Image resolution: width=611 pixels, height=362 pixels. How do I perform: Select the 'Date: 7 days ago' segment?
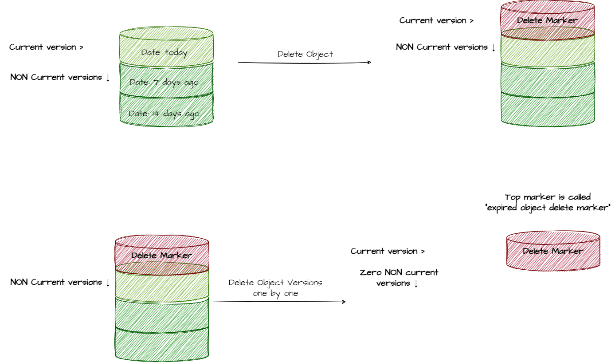click(x=164, y=82)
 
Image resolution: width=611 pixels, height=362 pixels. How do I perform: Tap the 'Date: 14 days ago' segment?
click(x=164, y=113)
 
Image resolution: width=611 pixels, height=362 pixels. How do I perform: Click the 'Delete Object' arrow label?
click(x=305, y=54)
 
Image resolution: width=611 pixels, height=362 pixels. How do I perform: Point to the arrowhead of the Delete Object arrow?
click(x=369, y=62)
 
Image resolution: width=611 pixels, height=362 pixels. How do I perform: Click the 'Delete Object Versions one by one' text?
click(x=275, y=288)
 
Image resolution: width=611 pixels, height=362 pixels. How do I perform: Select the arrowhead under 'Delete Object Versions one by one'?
click(x=344, y=302)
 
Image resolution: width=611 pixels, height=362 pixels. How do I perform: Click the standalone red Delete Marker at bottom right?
click(x=553, y=251)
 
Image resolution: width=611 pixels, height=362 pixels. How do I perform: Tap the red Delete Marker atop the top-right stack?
click(x=547, y=20)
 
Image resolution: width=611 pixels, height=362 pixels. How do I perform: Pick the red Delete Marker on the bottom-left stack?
click(x=161, y=256)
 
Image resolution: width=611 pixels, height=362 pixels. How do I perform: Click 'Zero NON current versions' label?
click(x=399, y=278)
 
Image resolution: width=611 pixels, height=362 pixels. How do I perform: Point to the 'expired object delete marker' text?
click(x=548, y=208)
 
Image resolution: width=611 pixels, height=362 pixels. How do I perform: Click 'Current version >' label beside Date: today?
click(x=47, y=47)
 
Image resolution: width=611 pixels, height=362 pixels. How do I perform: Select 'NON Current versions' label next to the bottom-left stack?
click(x=60, y=282)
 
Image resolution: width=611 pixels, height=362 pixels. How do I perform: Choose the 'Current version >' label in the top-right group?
click(x=436, y=20)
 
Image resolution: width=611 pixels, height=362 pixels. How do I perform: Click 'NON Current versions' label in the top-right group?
click(x=446, y=47)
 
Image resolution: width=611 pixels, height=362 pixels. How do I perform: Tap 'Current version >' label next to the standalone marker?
click(x=388, y=251)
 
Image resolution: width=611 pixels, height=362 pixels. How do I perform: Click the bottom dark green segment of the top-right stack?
click(x=548, y=110)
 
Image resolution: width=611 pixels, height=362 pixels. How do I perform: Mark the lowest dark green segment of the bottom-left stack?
click(x=162, y=344)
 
